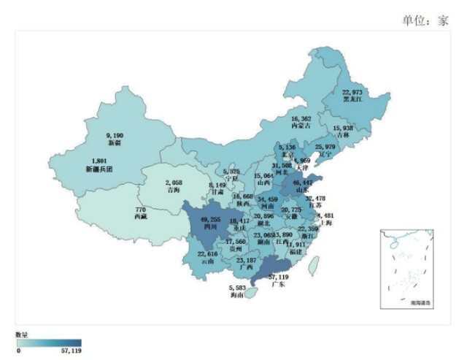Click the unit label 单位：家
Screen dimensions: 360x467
tap(425, 20)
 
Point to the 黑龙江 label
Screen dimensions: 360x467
tap(352, 100)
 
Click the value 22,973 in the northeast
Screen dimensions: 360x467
tap(352, 93)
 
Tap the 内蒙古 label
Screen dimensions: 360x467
tap(301, 126)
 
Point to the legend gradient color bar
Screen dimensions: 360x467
tap(50, 342)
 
